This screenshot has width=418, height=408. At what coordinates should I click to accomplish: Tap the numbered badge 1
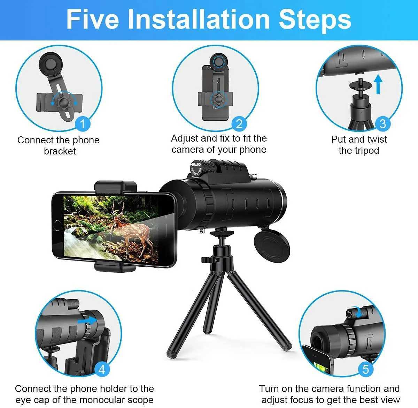[83, 123]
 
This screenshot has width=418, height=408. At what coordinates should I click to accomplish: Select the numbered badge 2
[239, 123]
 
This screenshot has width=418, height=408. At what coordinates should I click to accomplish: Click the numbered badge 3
[382, 123]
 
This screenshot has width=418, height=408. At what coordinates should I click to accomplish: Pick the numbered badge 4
[102, 369]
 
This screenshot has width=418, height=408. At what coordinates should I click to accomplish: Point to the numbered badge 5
[365, 369]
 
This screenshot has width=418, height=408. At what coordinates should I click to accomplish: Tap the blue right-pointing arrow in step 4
[87, 320]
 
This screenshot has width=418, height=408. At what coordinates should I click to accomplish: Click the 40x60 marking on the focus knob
[196, 164]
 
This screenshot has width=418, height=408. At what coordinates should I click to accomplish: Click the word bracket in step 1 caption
[60, 151]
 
